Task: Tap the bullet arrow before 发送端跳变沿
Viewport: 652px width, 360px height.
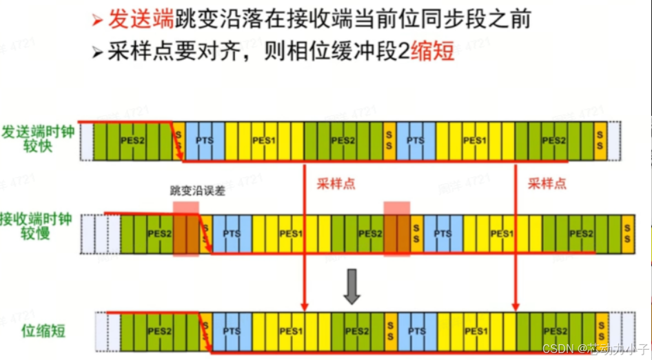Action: pos(98,20)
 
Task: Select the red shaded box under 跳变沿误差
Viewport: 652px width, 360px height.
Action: pos(186,230)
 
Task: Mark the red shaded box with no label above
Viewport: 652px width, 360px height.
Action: pos(397,228)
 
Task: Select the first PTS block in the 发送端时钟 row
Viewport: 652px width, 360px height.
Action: pos(205,141)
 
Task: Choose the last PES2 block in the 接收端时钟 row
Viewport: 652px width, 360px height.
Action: pos(581,234)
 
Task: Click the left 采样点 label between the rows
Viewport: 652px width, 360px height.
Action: pos(335,183)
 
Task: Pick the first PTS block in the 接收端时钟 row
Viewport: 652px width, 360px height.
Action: pos(232,234)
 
